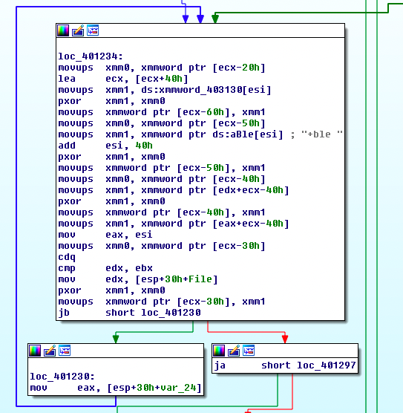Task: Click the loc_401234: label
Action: coord(91,56)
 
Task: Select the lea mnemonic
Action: coord(67,79)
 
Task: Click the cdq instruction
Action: coord(67,257)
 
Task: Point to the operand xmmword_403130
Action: coord(200,90)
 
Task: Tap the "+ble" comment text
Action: coord(321,134)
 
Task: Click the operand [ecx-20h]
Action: coord(239,68)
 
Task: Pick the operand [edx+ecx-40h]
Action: coord(251,190)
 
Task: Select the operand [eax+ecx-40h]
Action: coord(251,224)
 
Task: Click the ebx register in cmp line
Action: coord(144,268)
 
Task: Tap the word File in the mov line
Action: coord(200,279)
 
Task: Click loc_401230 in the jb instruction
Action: coord(171,313)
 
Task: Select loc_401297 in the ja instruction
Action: coord(327,365)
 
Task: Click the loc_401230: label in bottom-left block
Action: coord(62,377)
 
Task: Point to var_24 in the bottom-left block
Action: coord(184,388)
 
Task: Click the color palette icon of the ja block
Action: coord(219,351)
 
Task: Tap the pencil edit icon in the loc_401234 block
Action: coord(78,30)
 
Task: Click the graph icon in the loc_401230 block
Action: coord(65,351)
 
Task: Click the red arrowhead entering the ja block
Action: coord(285,339)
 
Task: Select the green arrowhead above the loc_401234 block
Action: coord(215,19)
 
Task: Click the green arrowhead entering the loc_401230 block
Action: coord(116,339)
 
